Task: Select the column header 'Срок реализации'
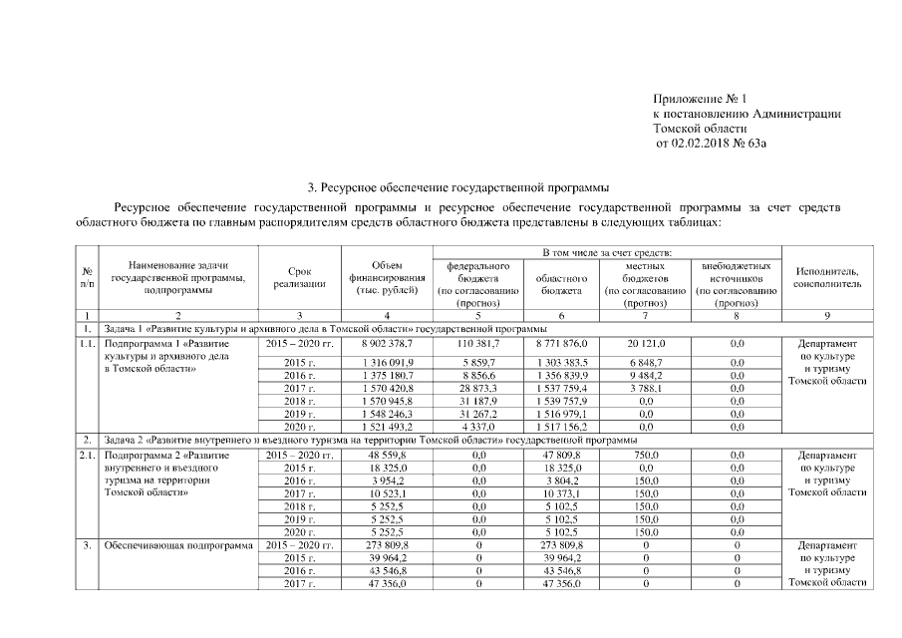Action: (x=299, y=276)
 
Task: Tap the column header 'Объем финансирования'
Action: (x=387, y=276)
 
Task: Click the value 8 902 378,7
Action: (x=387, y=343)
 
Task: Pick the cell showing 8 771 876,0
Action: (x=561, y=343)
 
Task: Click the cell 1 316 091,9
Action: (x=387, y=361)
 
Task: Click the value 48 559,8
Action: (x=387, y=455)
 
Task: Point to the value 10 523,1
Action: (x=387, y=493)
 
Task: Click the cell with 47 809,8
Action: (x=561, y=455)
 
